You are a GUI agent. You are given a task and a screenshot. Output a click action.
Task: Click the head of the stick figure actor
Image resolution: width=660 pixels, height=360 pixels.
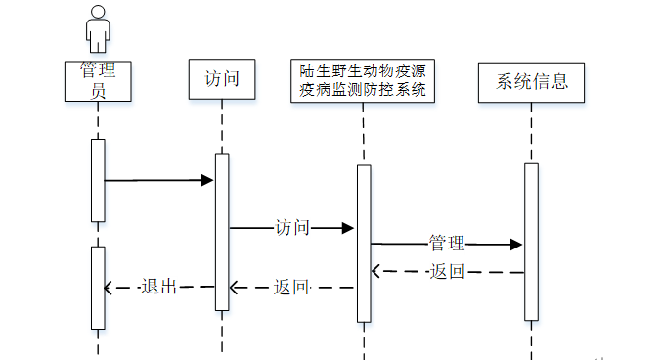pyautogui.click(x=98, y=12)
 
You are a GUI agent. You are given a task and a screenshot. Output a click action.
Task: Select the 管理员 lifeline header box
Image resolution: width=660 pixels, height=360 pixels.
pyautogui.click(x=98, y=81)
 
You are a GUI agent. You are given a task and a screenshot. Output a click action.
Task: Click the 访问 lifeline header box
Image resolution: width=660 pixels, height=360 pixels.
pyautogui.click(x=222, y=79)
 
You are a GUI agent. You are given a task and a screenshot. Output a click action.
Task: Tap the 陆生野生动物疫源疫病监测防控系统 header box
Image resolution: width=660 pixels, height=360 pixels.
pyautogui.click(x=363, y=81)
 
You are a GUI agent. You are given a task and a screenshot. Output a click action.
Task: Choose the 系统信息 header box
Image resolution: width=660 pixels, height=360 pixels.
pyautogui.click(x=531, y=82)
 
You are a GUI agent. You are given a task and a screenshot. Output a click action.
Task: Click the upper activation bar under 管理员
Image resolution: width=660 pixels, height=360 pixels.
pyautogui.click(x=98, y=180)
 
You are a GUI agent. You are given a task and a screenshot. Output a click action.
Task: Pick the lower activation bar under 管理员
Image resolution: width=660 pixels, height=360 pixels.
pyautogui.click(x=98, y=288)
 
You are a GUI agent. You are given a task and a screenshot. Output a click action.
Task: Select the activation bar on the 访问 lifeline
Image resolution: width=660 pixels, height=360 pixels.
pyautogui.click(x=222, y=232)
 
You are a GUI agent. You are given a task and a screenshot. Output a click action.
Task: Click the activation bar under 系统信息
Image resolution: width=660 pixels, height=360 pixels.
pyautogui.click(x=531, y=242)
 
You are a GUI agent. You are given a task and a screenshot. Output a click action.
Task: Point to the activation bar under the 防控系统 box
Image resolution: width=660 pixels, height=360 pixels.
pyautogui.click(x=364, y=244)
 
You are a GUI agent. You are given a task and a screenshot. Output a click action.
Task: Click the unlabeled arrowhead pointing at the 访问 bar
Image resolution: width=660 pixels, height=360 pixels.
pyautogui.click(x=207, y=180)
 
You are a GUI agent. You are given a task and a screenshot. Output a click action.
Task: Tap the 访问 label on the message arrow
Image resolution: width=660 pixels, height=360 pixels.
pyautogui.click(x=292, y=228)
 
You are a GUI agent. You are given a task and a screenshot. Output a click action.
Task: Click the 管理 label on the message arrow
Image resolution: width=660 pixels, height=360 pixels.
pyautogui.click(x=447, y=244)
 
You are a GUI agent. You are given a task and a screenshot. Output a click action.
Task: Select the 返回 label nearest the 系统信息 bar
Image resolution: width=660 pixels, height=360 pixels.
pyautogui.click(x=448, y=272)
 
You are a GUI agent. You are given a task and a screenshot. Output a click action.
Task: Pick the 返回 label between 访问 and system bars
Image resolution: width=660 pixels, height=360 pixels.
pyautogui.click(x=291, y=288)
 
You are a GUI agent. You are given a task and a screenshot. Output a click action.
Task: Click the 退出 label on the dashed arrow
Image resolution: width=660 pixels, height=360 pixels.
pyautogui.click(x=158, y=287)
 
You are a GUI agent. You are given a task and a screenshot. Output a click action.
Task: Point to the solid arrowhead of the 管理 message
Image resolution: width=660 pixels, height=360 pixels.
pyautogui.click(x=516, y=245)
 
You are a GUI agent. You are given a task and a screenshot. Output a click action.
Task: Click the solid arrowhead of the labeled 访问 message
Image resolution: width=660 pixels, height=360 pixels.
pyautogui.click(x=348, y=228)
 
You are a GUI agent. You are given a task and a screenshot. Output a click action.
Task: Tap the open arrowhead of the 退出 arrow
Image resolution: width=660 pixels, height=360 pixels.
pyautogui.click(x=109, y=288)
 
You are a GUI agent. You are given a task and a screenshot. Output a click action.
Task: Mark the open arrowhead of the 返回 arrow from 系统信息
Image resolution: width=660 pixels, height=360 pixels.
pyautogui.click(x=375, y=271)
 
